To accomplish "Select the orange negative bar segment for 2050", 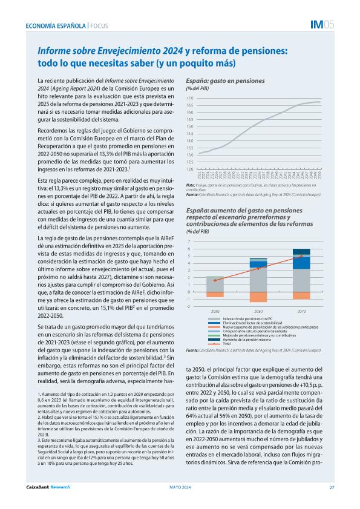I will pyautogui.click(x=258, y=297).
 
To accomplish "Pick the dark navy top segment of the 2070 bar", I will pyautogui.click(x=301, y=252).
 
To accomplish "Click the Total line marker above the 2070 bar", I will pyautogui.click(x=301, y=256).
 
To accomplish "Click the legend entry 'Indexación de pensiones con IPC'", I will pyautogui.click(x=248, y=318).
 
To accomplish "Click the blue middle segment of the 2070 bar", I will pyautogui.click(x=301, y=262).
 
